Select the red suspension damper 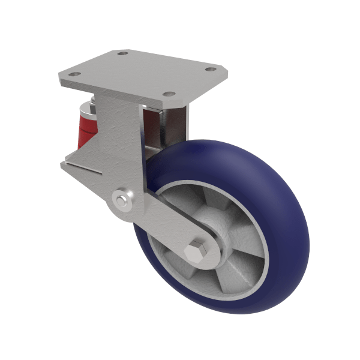tap(89, 129)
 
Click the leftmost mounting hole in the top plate tap(74, 76)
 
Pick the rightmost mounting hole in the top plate tap(211, 70)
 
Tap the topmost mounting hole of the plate tap(124, 54)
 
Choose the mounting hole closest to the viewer tap(169, 94)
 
